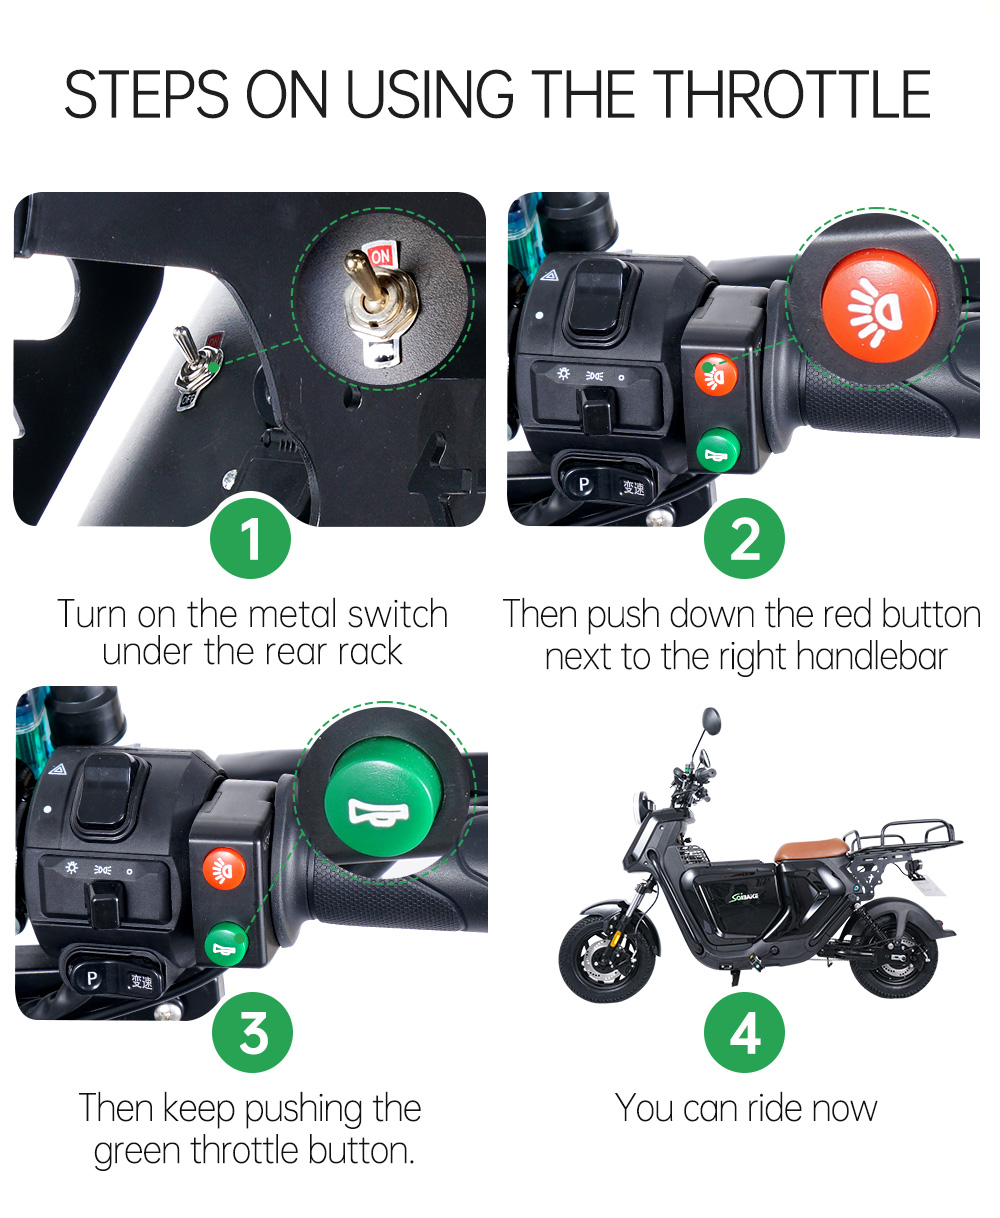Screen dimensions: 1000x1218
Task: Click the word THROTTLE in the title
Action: click(x=794, y=94)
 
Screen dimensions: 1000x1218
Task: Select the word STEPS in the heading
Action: click(x=146, y=94)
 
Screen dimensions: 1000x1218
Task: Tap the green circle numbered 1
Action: click(x=250, y=538)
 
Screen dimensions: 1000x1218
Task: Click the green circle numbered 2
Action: click(x=744, y=538)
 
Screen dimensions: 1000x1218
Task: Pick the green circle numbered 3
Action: click(x=252, y=1032)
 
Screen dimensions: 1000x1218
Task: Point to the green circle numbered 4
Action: click(x=744, y=1032)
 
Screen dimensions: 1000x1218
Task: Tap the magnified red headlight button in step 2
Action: click(x=879, y=307)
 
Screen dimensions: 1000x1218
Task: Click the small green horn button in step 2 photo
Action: click(x=718, y=450)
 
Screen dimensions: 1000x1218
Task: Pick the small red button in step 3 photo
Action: click(x=224, y=868)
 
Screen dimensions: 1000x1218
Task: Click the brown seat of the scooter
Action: click(x=811, y=849)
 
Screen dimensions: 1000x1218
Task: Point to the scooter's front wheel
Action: click(x=607, y=958)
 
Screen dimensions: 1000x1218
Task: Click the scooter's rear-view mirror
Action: click(x=712, y=721)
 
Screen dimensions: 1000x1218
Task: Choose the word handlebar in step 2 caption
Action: click(x=871, y=657)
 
